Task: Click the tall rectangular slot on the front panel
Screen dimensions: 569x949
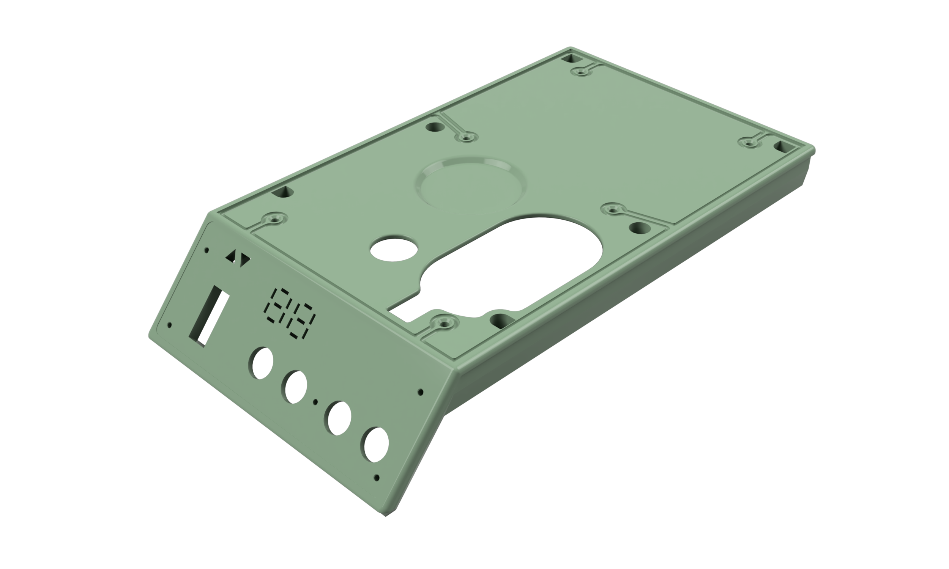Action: [x=209, y=316]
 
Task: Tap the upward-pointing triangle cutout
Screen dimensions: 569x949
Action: [x=231, y=256]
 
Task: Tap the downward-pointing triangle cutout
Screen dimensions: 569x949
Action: [x=245, y=261]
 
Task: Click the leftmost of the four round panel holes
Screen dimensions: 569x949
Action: [x=261, y=363]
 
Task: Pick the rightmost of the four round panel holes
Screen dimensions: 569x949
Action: [x=375, y=444]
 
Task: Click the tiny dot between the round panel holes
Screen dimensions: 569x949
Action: [x=315, y=402]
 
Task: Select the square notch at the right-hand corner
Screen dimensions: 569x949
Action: [x=782, y=146]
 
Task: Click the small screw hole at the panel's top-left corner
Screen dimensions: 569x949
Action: [x=207, y=250]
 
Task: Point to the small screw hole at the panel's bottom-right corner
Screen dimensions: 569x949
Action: [x=376, y=478]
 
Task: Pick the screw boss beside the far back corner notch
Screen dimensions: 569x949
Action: [x=582, y=71]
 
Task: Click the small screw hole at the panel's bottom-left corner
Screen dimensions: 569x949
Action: [x=170, y=325]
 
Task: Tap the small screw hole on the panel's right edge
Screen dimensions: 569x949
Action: [x=421, y=392]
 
